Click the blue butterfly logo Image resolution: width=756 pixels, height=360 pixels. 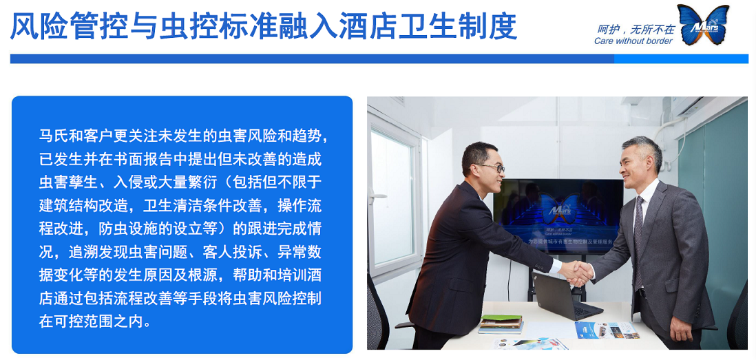coord(703,25)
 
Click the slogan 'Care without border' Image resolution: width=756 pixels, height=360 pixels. coord(633,41)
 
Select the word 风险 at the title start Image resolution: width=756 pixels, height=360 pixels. coord(36,26)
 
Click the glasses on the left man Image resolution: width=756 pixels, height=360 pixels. coord(490,167)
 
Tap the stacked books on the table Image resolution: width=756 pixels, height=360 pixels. coord(501,323)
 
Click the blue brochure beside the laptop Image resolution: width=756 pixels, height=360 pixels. coord(607,330)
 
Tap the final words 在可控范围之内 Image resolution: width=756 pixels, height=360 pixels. coord(96,321)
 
